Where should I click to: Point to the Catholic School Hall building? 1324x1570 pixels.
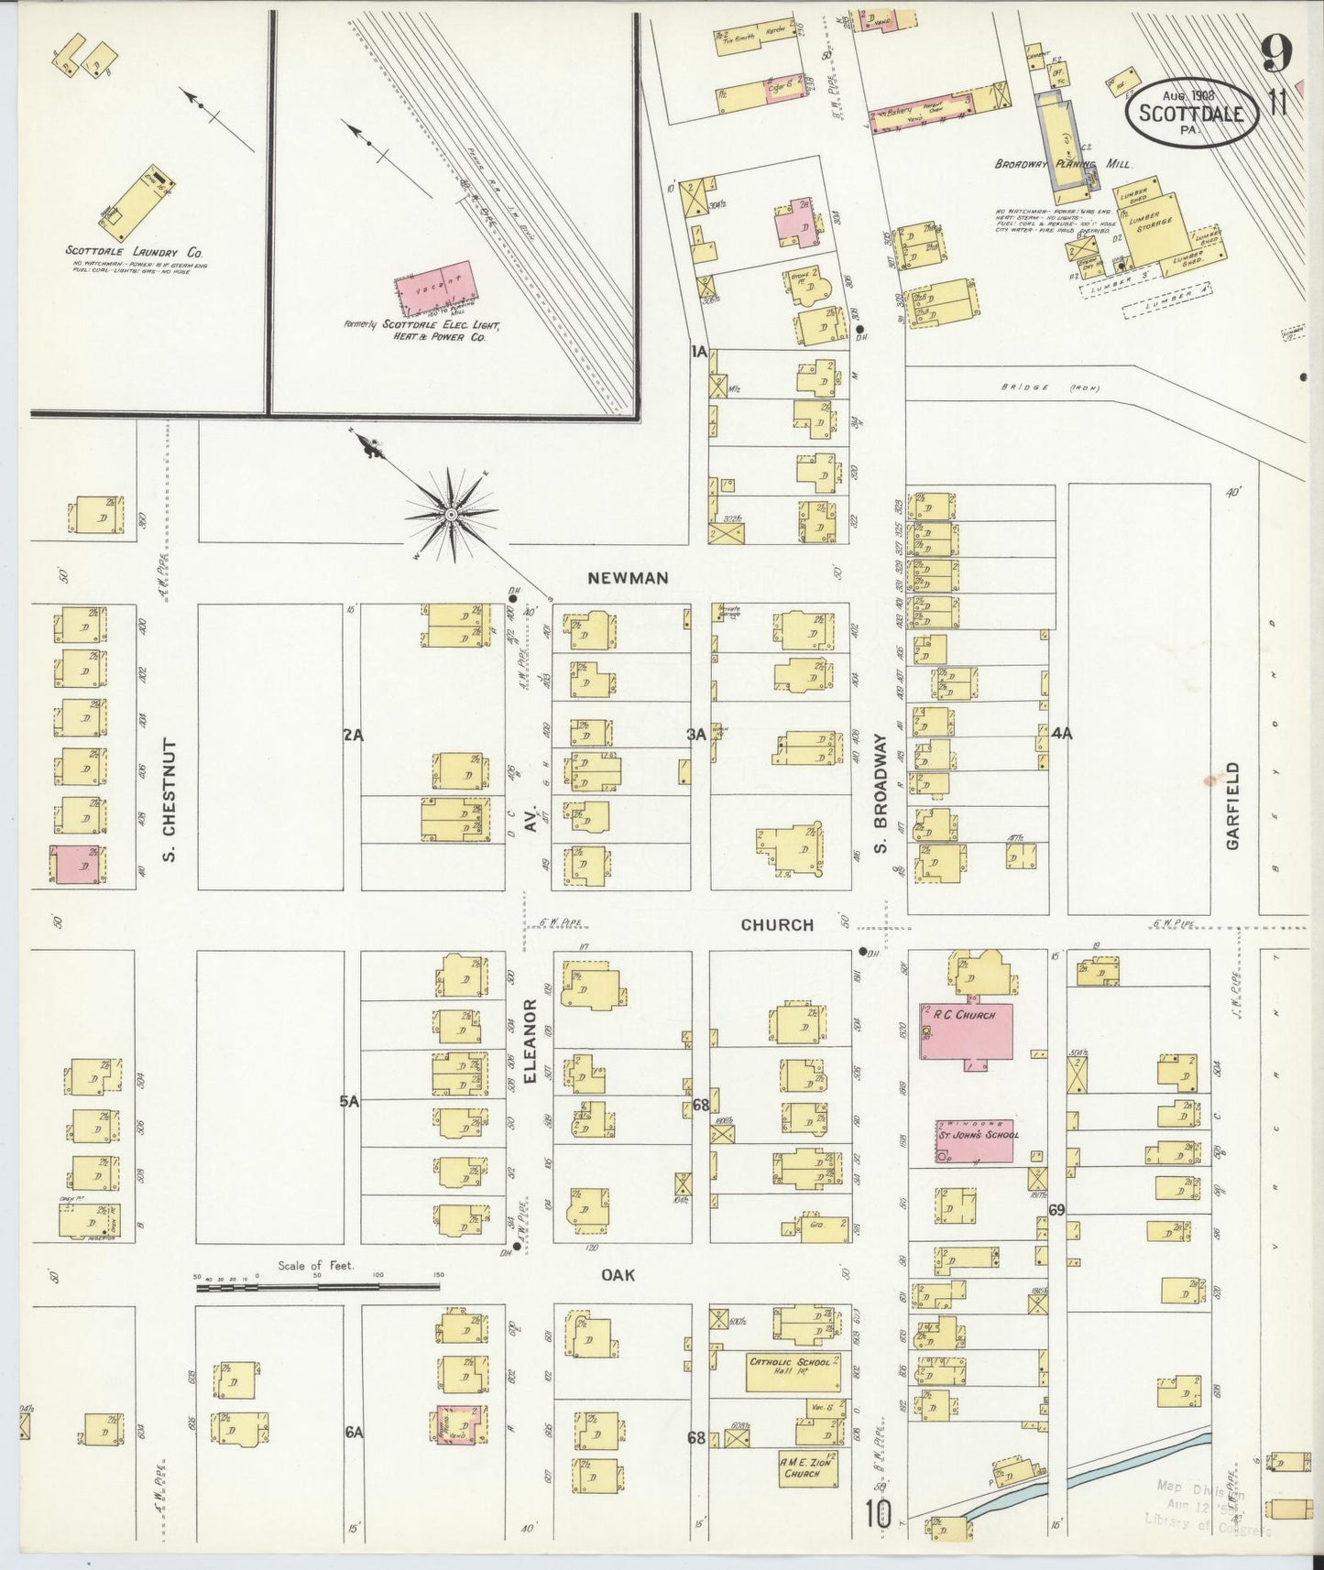(793, 1370)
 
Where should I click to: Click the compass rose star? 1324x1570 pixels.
(451, 516)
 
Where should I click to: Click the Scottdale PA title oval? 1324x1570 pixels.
(1190, 113)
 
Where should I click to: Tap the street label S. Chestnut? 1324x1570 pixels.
(169, 802)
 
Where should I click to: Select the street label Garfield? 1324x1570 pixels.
(1232, 806)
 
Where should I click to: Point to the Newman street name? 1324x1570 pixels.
(628, 578)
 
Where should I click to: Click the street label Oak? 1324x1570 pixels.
(618, 1275)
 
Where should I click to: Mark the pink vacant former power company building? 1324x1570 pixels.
(438, 289)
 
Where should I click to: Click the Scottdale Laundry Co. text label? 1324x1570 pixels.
(134, 251)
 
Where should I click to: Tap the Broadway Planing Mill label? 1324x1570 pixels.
(1063, 165)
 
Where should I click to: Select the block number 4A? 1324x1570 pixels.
(1062, 734)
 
